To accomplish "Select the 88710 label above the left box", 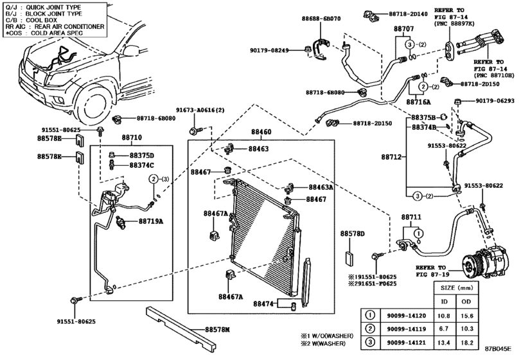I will pyautogui.click(x=132, y=138).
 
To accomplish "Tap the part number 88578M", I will pyautogui.click(x=218, y=330).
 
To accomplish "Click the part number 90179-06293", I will pyautogui.click(x=495, y=101).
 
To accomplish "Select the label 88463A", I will pyautogui.click(x=321, y=187).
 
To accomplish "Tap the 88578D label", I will pyautogui.click(x=352, y=233).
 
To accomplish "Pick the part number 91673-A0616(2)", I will pyautogui.click(x=201, y=111).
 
